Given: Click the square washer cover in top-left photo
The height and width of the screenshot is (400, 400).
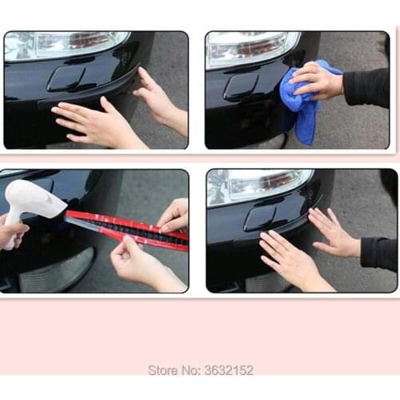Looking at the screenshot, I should [66, 78].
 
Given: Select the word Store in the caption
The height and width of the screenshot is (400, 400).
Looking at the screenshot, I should [162, 370].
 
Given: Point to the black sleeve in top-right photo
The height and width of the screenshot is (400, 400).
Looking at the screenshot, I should [370, 86].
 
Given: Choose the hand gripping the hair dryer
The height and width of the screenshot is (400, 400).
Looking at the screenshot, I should [11, 232].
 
